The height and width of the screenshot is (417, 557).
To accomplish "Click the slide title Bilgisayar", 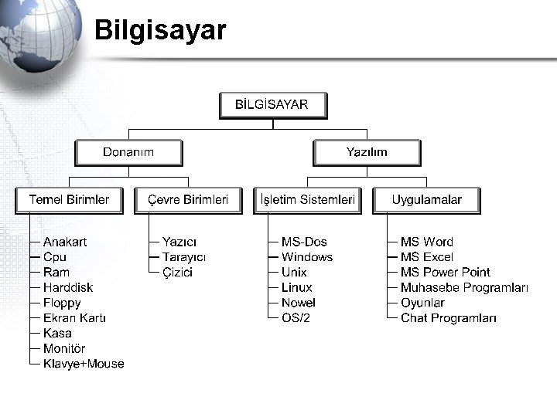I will (x=160, y=31).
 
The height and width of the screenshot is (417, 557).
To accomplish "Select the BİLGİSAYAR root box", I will (x=272, y=105).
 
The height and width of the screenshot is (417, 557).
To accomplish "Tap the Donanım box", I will (x=128, y=152).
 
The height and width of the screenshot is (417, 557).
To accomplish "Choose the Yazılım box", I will (x=367, y=152).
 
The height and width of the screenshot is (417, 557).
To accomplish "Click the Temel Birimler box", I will (x=69, y=200).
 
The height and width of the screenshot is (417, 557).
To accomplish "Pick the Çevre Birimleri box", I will (x=188, y=200).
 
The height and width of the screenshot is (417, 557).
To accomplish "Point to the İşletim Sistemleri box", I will (x=307, y=200).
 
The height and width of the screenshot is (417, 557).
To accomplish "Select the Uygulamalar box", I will (x=426, y=200).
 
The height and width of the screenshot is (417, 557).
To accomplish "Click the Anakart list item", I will (x=65, y=242).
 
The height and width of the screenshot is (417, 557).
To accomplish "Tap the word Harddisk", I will (x=68, y=287).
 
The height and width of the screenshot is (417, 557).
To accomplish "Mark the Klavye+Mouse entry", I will (x=84, y=364).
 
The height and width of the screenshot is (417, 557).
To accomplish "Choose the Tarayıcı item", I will (x=184, y=257).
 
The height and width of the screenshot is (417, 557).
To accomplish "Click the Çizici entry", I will (x=177, y=273).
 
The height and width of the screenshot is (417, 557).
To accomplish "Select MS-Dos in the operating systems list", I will (x=304, y=242).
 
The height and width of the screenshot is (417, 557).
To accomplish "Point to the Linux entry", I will (x=297, y=287).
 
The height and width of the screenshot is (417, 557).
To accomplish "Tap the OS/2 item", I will (x=296, y=318).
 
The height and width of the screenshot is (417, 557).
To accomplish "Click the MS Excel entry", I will (x=427, y=257).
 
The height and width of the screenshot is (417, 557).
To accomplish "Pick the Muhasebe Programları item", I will (x=464, y=287).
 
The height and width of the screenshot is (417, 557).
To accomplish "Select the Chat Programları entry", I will (x=449, y=318).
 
